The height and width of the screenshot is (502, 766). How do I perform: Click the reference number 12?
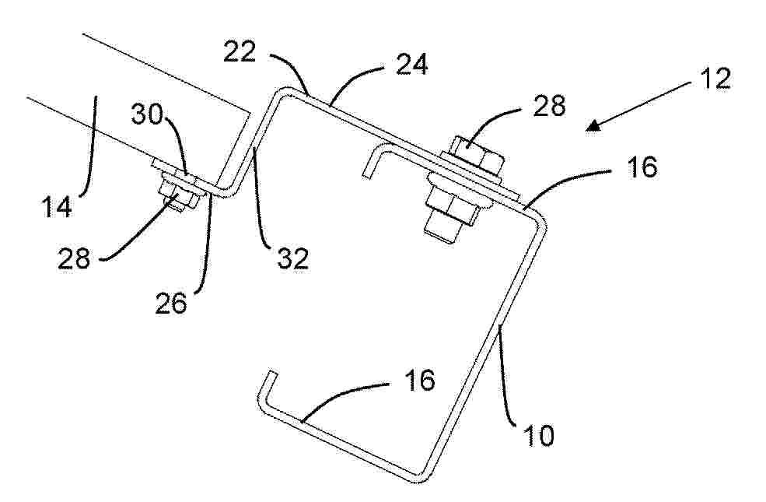(x=715, y=78)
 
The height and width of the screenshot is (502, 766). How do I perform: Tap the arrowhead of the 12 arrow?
(x=593, y=126)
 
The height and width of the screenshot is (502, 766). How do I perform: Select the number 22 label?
(x=240, y=51)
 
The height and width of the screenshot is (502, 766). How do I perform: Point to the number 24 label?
(x=412, y=64)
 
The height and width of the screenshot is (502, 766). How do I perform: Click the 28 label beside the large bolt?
(x=549, y=106)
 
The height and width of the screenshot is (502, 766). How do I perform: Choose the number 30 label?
(x=146, y=115)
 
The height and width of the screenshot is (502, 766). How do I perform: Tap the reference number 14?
(x=57, y=206)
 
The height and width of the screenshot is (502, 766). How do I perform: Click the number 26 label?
(x=171, y=303)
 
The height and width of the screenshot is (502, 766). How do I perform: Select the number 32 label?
(x=293, y=258)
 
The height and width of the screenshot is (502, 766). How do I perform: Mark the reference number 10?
(x=539, y=435)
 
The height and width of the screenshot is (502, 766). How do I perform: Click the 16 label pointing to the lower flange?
(x=419, y=381)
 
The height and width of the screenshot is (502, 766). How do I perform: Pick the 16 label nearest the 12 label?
(x=642, y=167)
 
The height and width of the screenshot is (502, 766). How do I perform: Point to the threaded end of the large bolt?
(x=442, y=231)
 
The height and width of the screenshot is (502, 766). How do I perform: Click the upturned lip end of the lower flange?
(x=271, y=374)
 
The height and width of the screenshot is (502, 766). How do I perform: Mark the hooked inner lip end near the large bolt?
(x=368, y=171)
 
